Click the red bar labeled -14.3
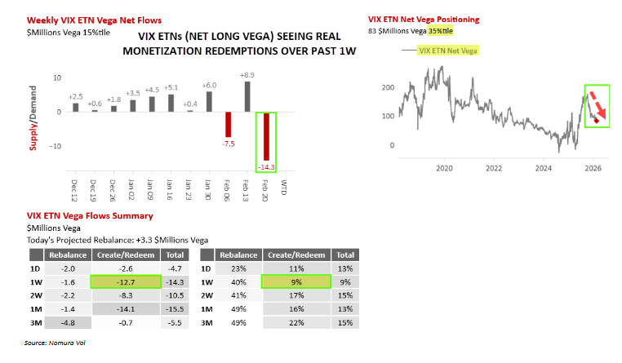pyautogui.click(x=266, y=136)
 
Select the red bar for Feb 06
pyautogui.click(x=228, y=125)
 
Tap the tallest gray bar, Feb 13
pyautogui.click(x=247, y=96)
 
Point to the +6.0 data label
pyautogui.click(x=209, y=85)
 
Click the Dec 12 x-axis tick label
pyautogui.click(x=74, y=191)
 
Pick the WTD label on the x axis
pyautogui.click(x=284, y=187)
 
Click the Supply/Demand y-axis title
pyautogui.click(x=33, y=118)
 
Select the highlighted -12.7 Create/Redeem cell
pyautogui.click(x=126, y=281)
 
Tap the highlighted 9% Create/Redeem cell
pyautogui.click(x=296, y=281)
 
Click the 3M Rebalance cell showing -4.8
pyautogui.click(x=68, y=322)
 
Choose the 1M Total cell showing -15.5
pyautogui.click(x=175, y=309)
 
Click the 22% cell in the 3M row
pyautogui.click(x=296, y=322)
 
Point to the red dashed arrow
pyautogui.click(x=598, y=105)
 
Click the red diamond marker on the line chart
pyautogui.click(x=596, y=121)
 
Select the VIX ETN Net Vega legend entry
pyautogui.click(x=440, y=51)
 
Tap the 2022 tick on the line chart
pyautogui.click(x=494, y=168)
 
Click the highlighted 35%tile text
pyautogui.click(x=440, y=31)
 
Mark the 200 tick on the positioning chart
pyautogui.click(x=388, y=87)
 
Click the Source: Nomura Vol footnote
pyautogui.click(x=55, y=343)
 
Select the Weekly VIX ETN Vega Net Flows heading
pyautogui.click(x=94, y=20)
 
